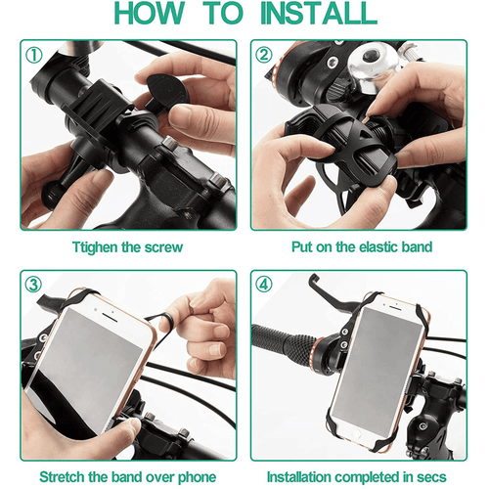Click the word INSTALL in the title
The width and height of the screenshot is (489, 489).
(319, 13)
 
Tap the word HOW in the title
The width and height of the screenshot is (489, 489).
(150, 13)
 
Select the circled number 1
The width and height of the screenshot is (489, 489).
(34, 55)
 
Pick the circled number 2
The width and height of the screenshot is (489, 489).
(264, 55)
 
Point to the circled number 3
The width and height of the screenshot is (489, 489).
(34, 285)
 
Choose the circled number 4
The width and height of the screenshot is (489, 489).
(264, 285)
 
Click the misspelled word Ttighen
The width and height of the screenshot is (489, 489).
(95, 247)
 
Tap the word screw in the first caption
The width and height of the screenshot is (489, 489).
(163, 247)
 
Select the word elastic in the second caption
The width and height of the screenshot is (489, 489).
(374, 246)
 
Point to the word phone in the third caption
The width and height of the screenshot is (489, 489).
(197, 478)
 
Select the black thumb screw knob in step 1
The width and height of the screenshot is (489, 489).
(163, 93)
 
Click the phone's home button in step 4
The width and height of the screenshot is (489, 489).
(355, 434)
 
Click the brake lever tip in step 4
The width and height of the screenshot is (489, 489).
(313, 278)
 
